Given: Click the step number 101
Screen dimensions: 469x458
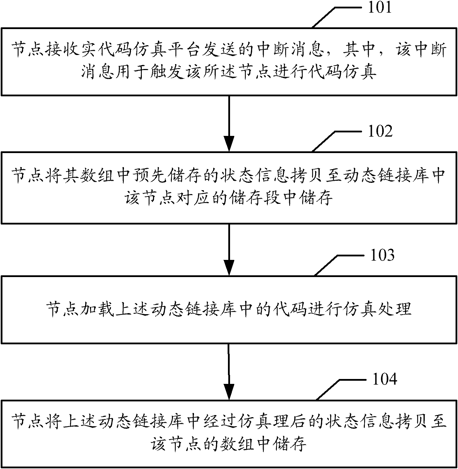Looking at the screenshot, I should tap(380, 8).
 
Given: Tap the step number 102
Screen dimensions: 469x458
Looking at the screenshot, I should tap(380, 132).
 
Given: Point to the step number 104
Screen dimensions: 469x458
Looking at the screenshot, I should tap(384, 379).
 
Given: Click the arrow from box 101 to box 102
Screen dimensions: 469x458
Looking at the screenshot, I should tap(229, 123).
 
